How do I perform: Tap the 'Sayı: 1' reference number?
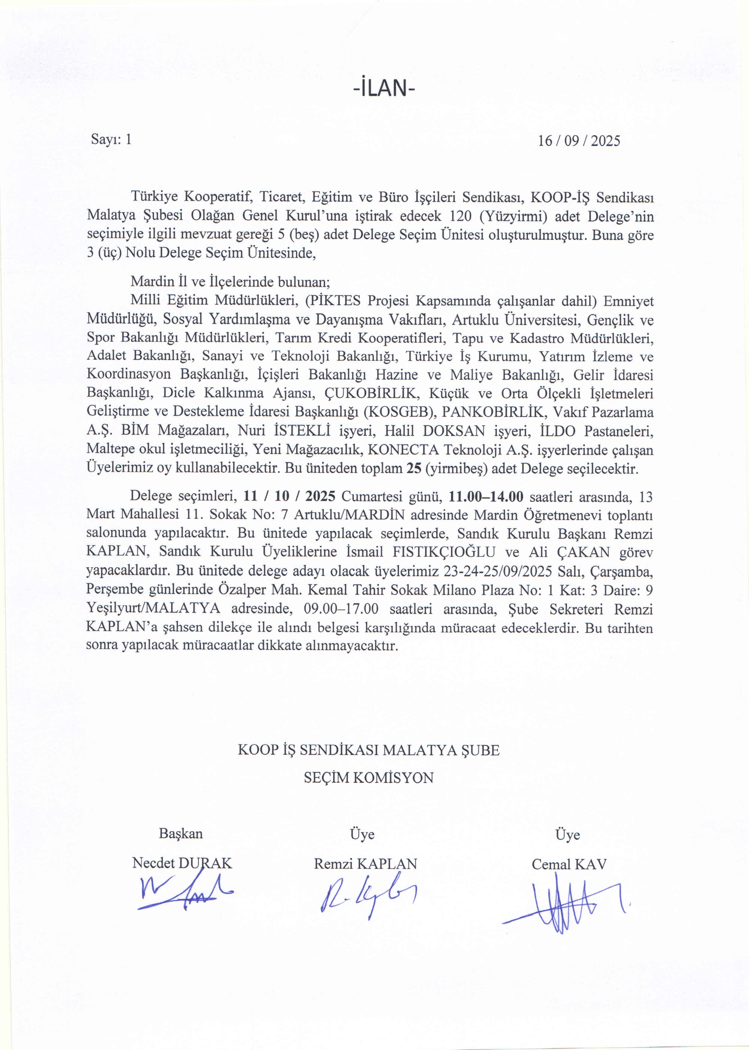click(x=111, y=139)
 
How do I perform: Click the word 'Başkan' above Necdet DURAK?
click(x=181, y=833)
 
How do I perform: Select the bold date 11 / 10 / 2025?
click(x=289, y=496)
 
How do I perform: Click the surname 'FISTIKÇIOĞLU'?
click(x=444, y=552)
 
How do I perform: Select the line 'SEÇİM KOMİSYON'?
click(x=368, y=778)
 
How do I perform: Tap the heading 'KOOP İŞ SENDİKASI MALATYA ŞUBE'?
click(x=368, y=750)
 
